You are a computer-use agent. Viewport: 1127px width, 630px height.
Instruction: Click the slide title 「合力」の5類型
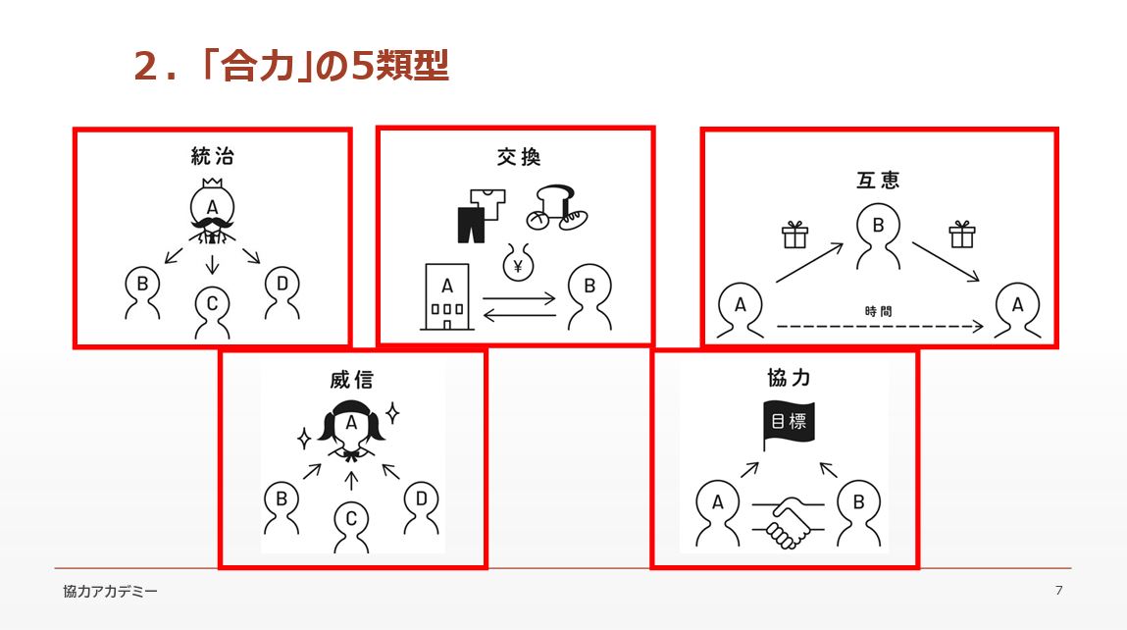tap(291, 66)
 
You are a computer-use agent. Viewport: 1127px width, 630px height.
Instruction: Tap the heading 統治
tap(212, 156)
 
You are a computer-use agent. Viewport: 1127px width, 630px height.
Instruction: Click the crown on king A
tap(212, 183)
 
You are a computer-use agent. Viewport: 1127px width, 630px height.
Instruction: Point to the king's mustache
tap(212, 226)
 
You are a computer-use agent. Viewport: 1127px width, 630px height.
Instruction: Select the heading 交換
tap(518, 157)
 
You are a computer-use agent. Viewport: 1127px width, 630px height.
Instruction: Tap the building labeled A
tap(447, 297)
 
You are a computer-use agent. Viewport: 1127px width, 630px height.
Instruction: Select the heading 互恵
tap(878, 179)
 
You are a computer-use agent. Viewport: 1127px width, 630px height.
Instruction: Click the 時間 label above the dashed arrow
tap(878, 311)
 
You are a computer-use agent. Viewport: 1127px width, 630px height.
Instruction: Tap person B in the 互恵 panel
tap(878, 236)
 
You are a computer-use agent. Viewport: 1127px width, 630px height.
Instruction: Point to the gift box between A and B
tap(794, 235)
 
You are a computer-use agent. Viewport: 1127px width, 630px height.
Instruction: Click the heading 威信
tap(351, 379)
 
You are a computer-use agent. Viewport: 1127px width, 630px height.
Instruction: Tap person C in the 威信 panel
tap(351, 527)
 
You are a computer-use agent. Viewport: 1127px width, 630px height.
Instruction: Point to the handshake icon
tap(789, 521)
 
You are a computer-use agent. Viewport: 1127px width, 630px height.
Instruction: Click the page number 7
tap(1058, 591)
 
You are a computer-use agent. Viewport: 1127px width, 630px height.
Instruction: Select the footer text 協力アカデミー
tap(110, 591)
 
